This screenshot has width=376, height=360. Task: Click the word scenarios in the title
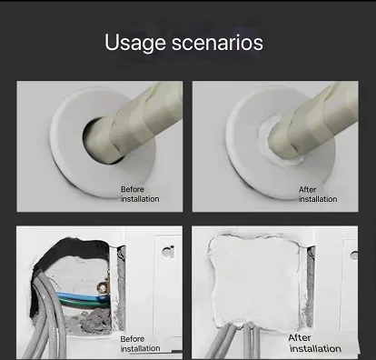coord(218,43)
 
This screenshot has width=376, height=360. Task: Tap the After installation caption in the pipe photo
coord(317,194)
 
